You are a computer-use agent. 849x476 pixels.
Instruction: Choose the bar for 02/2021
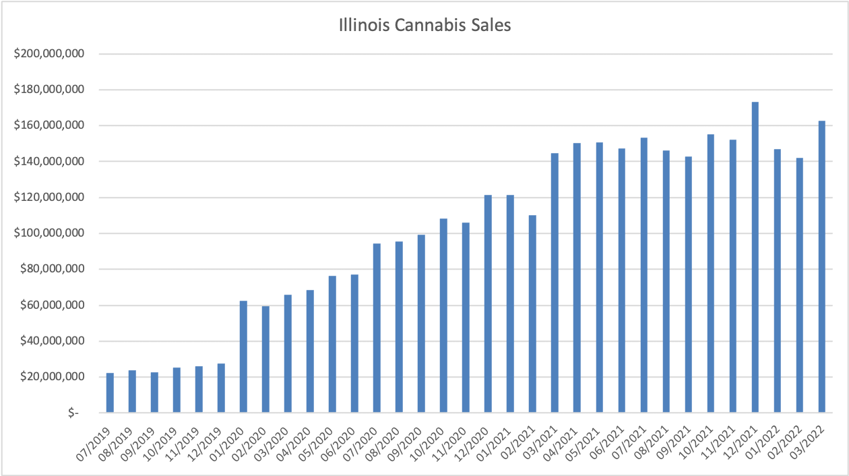[532, 314]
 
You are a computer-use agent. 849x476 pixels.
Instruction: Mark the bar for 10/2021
[711, 273]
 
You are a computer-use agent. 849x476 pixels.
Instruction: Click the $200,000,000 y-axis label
[49, 54]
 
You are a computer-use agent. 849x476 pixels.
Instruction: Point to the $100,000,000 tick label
[49, 233]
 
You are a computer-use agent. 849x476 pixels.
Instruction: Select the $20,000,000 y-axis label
[51, 377]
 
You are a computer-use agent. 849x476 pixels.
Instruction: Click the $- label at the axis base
[73, 413]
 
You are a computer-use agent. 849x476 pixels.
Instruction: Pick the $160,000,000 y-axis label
[49, 125]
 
